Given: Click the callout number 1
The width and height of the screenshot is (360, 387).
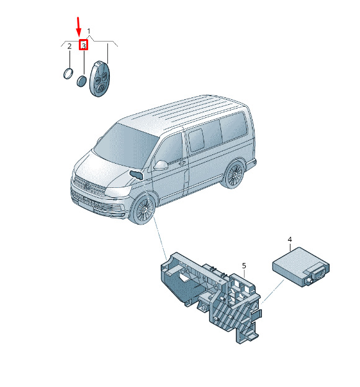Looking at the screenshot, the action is coord(89,32).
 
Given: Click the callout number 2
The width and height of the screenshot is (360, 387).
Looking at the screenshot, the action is coord(70,46).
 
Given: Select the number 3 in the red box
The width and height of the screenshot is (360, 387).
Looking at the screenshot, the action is coord(84,46).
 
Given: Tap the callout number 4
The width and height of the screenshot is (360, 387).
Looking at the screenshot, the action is coord(290,239).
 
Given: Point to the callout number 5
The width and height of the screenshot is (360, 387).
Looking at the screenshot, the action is coord(244,266).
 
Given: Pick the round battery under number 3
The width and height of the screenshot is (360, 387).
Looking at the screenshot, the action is coord(81,81).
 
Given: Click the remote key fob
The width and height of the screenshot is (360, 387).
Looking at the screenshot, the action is coord(99,79).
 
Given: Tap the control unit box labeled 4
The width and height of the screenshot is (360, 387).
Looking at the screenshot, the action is coord(300,267).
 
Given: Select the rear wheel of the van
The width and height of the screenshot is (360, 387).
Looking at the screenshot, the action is coord(233,174).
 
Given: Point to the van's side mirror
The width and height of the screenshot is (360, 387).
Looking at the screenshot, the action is coord(161,165).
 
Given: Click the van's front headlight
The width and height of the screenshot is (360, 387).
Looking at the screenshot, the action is coord(118,191).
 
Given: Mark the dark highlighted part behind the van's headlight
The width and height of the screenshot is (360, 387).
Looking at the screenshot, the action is coord(137,175).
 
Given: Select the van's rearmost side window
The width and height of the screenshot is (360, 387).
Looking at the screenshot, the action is coord(233,128).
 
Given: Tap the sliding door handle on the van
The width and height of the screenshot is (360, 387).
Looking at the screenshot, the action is coord(182,162).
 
